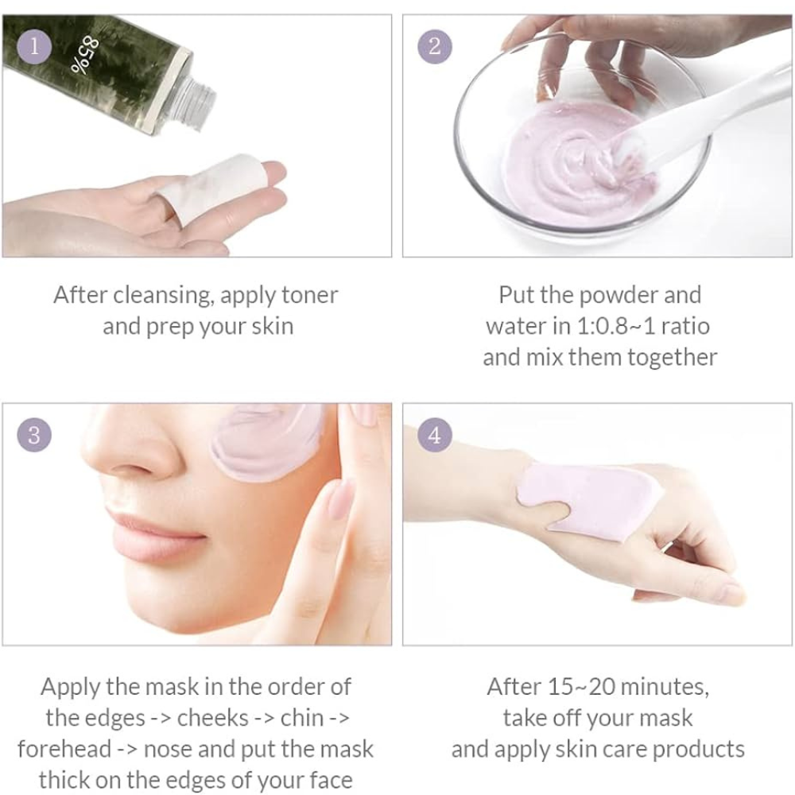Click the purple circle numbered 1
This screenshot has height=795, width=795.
pos(34,47)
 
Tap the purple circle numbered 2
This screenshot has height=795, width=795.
pos(435,47)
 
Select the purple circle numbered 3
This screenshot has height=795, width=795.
pos(34,435)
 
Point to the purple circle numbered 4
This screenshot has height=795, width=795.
pos(435,435)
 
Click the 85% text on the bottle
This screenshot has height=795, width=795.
pos(84,55)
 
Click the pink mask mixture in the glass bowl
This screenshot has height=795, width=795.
pos(578,163)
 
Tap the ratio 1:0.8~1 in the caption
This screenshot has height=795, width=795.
pos(615,327)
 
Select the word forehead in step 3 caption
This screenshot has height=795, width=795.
pos(64,749)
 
